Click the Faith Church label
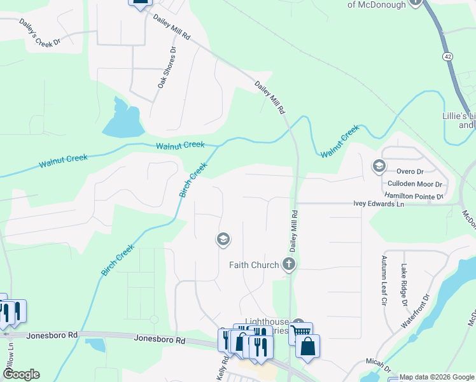(254, 265)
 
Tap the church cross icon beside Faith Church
(290, 265)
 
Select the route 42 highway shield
(449, 57)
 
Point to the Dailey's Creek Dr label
(39, 32)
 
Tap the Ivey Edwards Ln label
(379, 204)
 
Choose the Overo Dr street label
(410, 171)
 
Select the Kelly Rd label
(222, 369)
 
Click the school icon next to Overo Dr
(379, 166)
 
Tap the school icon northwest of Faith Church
(223, 240)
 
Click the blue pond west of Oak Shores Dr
(121, 120)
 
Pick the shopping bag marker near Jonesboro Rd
(307, 348)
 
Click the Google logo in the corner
(20, 374)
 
